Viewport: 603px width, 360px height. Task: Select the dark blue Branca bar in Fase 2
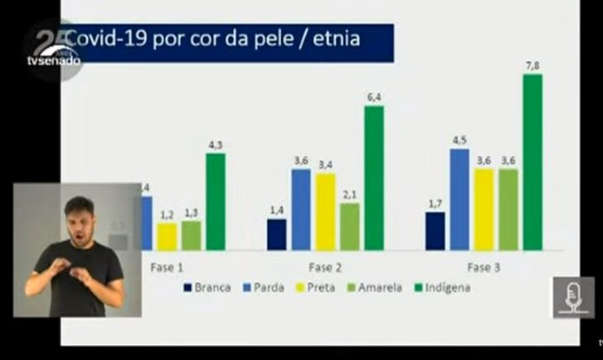coord(277,234)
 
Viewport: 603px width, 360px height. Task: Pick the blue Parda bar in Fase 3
coord(459,199)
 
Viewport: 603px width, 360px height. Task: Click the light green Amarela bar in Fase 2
coord(350,226)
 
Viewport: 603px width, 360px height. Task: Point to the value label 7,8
coord(532,65)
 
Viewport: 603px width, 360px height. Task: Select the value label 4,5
coord(459,139)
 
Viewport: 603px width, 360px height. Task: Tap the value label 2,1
coord(350,194)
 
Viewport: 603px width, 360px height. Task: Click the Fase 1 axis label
coord(168,266)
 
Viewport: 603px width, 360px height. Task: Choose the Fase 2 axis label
coord(325,266)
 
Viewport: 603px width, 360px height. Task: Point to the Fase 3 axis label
coord(483,266)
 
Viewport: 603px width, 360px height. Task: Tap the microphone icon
coord(573,297)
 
